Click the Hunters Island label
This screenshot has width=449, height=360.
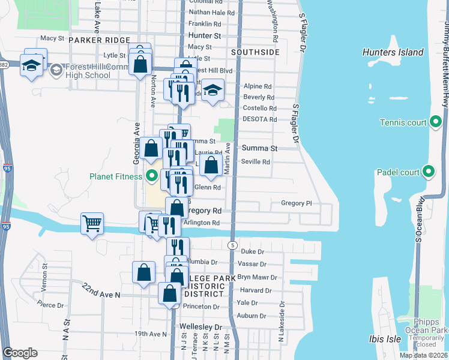393,52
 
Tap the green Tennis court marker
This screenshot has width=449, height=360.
436,123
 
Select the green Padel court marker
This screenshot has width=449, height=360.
428,172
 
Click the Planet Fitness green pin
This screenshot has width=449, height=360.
152,176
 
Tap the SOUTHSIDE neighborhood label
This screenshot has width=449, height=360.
255,52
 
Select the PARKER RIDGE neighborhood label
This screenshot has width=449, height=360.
99,40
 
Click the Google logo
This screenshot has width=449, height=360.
20,352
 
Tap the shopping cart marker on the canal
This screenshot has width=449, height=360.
92,224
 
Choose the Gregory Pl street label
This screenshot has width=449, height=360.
297,203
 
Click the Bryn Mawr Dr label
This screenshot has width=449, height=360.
257,278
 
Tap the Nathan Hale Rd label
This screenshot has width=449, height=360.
211,13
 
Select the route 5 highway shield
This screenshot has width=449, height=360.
231,245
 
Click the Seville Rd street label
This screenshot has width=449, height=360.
255,162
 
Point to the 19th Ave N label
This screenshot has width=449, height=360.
150,334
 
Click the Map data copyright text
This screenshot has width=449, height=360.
423,355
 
